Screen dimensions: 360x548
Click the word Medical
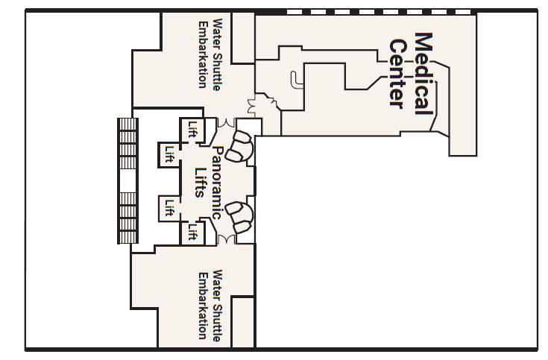423,72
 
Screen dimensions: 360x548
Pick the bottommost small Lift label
192,233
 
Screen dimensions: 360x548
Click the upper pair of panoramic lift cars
240,146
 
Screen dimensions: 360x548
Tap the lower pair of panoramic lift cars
240,217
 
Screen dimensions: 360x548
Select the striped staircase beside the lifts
127,181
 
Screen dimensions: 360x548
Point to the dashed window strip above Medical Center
380,12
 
